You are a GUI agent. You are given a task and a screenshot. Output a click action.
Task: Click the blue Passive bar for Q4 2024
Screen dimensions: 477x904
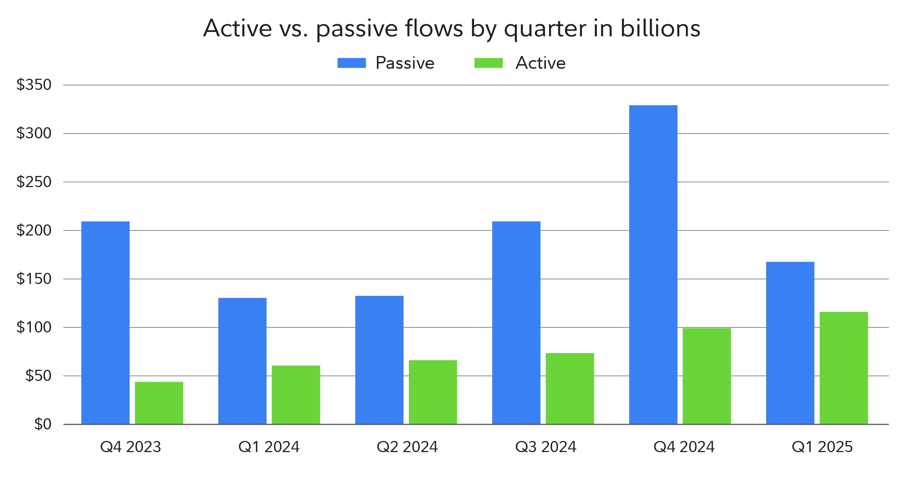653,264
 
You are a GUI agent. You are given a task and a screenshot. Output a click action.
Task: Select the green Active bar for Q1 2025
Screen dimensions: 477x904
844,368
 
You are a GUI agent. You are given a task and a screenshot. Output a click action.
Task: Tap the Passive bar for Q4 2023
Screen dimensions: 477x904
105,322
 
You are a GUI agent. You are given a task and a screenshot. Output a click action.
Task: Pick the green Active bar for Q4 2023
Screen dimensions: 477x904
159,403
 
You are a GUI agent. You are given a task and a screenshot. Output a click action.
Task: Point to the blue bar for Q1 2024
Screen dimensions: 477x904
242,361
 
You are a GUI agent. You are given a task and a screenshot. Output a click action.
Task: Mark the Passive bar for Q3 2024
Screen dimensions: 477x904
516,322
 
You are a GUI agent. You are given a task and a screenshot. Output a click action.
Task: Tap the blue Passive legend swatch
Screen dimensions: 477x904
351,63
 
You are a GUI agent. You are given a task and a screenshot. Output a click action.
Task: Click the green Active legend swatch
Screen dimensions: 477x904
488,63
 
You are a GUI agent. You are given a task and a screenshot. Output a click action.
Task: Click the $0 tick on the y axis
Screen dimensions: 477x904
43,424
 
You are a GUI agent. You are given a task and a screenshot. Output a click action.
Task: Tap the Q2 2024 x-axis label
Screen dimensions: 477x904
407,447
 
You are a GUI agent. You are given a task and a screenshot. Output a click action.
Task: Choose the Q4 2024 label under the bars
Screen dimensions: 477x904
684,447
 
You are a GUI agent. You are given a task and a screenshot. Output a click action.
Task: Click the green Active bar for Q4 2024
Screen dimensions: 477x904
706,376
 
